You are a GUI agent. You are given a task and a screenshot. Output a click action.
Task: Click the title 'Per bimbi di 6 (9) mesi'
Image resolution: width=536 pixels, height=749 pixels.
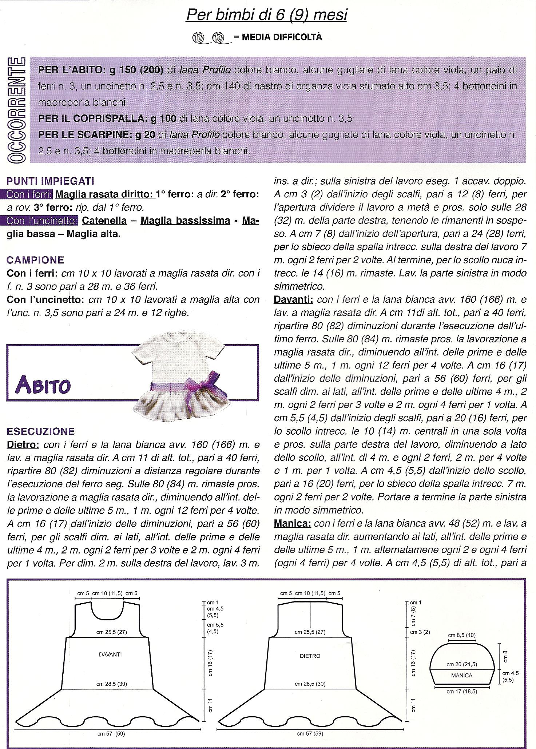tap(266, 15)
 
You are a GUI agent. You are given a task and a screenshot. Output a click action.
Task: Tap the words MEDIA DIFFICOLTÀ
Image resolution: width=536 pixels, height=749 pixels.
tap(278, 37)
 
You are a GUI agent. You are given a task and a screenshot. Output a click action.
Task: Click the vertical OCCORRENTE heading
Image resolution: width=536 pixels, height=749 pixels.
tap(16, 110)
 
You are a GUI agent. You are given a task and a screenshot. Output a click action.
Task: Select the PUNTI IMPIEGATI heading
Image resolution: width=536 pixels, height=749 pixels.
tap(51, 181)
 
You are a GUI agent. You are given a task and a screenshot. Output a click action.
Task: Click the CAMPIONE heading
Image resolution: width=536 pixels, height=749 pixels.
tap(35, 260)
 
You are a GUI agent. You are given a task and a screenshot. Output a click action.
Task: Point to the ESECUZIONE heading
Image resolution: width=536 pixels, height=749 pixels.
tap(41, 431)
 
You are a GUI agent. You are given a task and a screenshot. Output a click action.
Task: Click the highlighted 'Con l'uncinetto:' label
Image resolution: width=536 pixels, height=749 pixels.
tap(42, 221)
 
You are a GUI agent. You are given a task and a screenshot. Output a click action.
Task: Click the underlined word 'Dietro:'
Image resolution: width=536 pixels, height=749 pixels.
tap(23, 445)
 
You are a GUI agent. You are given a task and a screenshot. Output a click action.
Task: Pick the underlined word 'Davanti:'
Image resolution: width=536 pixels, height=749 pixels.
tap(293, 299)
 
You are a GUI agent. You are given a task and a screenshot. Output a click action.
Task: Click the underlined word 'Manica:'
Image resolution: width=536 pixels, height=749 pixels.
tap(292, 523)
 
